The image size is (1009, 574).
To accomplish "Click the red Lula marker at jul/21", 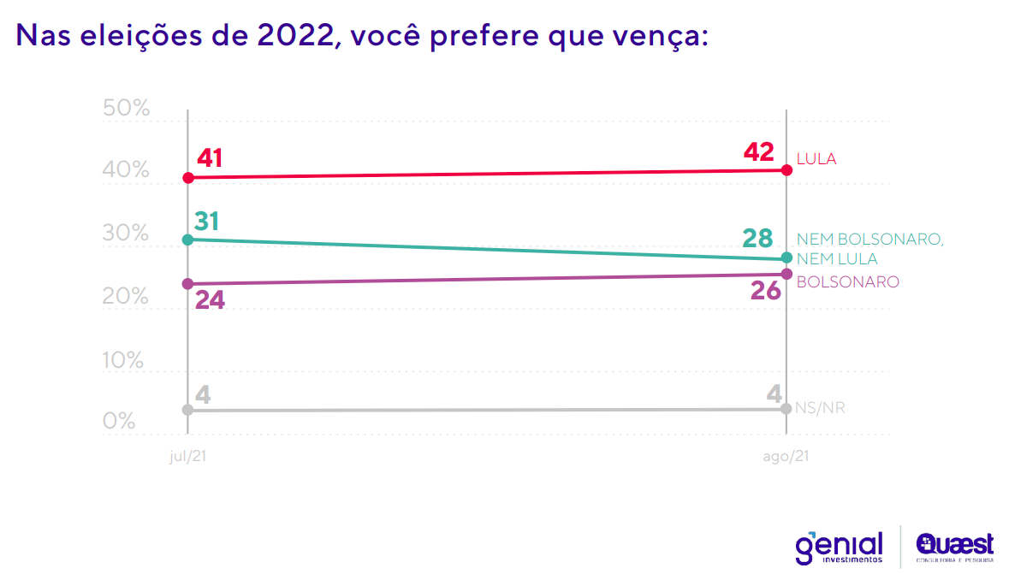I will click(188, 178).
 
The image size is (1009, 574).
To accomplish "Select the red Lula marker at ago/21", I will click(787, 170).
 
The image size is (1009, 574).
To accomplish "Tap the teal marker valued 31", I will click(188, 240).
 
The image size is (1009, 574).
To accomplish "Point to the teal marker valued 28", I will click(787, 258).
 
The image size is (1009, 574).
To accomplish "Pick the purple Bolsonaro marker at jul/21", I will click(188, 284).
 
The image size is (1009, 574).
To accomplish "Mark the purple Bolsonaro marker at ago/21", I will click(787, 274).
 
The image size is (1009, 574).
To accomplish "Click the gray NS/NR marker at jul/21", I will click(188, 410).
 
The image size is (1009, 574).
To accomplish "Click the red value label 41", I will click(210, 158).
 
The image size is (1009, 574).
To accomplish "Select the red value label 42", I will click(758, 152).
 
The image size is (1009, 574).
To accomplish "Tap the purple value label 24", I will click(210, 301).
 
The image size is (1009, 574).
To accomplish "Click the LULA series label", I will click(816, 159).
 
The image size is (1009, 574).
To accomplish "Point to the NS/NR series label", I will click(820, 408).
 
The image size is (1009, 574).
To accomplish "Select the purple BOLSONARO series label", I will click(847, 281).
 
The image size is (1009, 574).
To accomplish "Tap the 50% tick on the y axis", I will click(126, 109).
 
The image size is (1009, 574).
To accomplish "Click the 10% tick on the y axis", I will click(126, 360).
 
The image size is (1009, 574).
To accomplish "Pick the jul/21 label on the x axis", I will click(188, 458).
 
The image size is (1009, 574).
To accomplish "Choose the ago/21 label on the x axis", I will click(786, 458).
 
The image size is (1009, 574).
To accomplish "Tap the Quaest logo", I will click(954, 546).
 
